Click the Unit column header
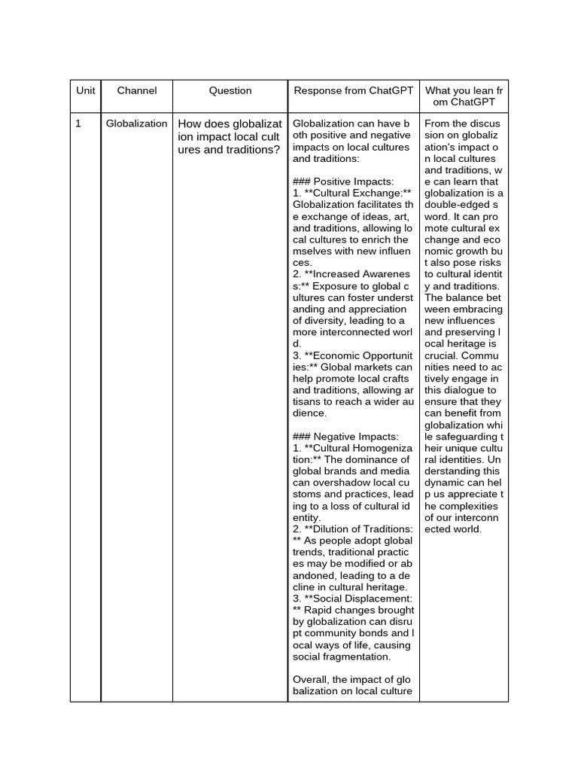point(86,90)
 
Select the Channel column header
point(137,90)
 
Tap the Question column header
point(230,90)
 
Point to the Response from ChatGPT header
point(353,90)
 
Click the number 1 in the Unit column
point(78,123)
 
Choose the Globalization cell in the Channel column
point(137,123)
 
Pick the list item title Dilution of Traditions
point(358,529)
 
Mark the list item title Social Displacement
point(358,599)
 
